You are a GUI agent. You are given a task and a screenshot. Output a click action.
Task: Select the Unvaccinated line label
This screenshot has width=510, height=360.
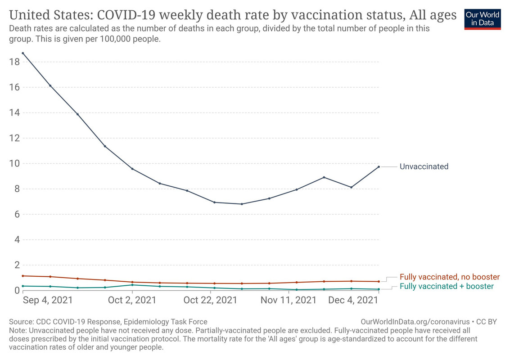pos(424,166)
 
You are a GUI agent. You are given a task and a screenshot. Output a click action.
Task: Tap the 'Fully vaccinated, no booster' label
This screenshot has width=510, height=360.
pos(450,277)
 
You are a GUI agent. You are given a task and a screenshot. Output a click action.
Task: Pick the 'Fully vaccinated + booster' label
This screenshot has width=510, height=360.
pos(447,286)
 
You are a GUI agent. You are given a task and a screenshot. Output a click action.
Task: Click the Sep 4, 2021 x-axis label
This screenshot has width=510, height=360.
pos(47,300)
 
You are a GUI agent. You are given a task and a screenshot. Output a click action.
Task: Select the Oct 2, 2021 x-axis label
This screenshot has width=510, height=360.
pos(132,300)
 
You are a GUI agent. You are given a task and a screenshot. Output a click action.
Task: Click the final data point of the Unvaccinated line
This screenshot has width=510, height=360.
pos(379,167)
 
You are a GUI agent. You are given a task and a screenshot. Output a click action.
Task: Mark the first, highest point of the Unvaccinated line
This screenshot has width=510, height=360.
pos(23,53)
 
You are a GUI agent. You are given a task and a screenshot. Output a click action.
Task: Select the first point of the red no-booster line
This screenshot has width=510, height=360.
pos(23,276)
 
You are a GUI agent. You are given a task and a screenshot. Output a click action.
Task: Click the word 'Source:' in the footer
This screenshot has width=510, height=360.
pos(20,322)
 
